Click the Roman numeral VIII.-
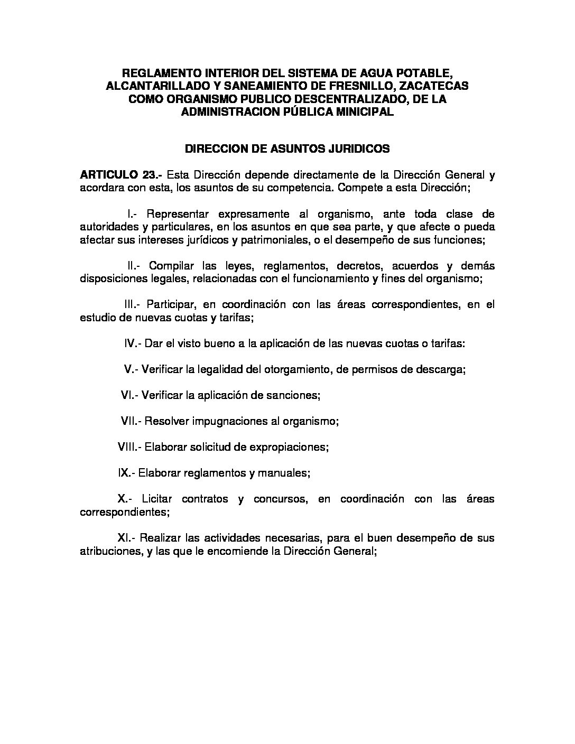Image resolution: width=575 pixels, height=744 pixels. pyautogui.click(x=128, y=447)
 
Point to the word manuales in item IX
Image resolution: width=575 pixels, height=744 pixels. pyautogui.click(x=283, y=472)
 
